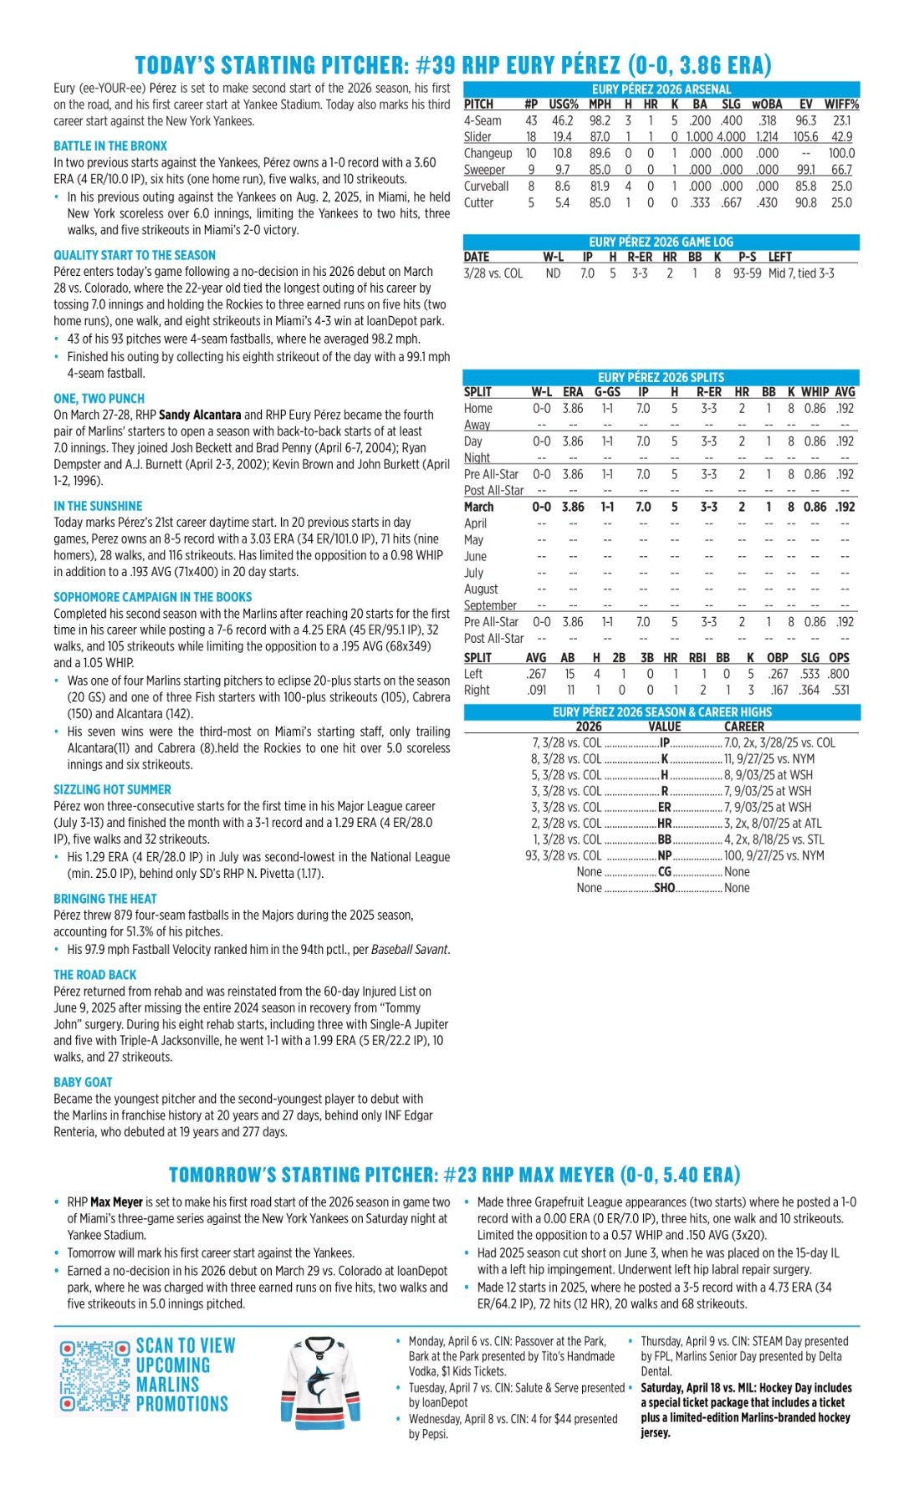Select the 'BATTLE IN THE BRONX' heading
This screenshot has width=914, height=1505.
110,145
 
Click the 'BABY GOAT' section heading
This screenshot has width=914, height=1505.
83,1082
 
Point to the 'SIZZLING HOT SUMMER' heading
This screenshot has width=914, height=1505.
112,789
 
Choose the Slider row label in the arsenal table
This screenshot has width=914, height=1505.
477,137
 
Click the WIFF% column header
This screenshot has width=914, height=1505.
841,105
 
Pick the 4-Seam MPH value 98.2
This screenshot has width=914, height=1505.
600,120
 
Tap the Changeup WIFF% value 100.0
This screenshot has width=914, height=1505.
841,153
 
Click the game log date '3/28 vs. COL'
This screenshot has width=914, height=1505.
493,273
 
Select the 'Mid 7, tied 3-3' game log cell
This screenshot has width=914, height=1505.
801,273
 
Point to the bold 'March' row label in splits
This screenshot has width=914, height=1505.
479,507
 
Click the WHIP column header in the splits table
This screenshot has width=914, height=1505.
815,391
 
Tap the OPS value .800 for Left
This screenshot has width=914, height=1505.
839,674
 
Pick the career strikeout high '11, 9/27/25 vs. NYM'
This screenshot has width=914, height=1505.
768,759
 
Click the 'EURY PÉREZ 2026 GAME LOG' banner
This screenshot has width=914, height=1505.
661,242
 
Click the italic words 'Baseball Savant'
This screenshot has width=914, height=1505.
409,949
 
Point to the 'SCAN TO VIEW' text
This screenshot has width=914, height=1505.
186,1345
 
